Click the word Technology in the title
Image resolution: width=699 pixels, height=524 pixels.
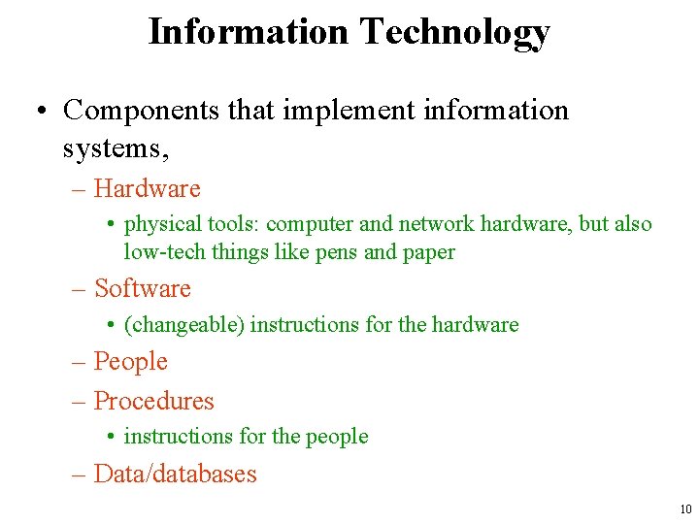(454, 32)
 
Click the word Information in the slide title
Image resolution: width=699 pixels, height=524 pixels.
(248, 32)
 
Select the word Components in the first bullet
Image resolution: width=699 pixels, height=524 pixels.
(142, 110)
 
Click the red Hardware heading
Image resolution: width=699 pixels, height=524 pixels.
(147, 188)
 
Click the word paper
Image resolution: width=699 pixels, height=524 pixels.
(428, 252)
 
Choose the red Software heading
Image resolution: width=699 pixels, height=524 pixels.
(143, 288)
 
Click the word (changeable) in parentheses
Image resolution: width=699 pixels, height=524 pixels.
(183, 325)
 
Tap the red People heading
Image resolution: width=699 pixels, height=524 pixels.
(131, 362)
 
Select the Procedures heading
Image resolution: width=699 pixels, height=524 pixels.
(153, 401)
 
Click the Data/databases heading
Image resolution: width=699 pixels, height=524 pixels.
(175, 474)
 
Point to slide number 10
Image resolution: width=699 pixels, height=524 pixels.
(685, 508)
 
